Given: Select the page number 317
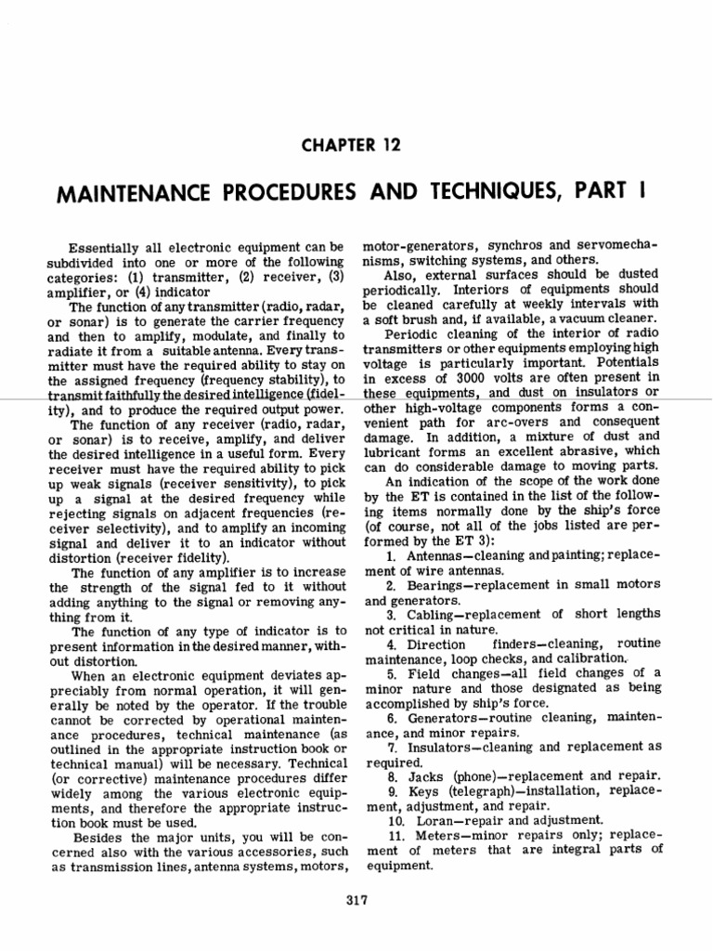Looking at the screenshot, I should (356, 899).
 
